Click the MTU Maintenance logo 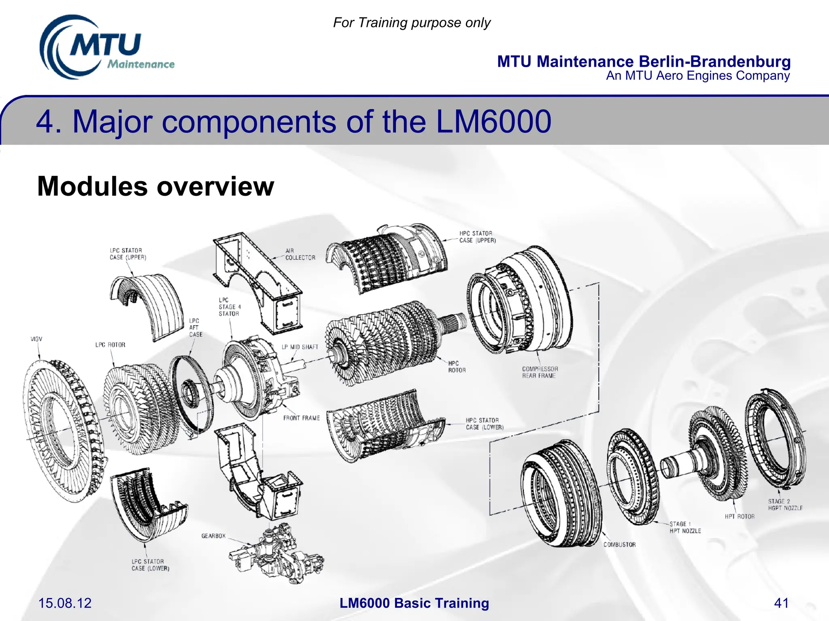pos(106,48)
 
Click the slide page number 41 pos(781,603)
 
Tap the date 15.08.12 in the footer pos(65,603)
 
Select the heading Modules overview pos(155,186)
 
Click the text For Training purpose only pos(411,23)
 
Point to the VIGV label pos(36,339)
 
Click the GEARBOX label pos(213,536)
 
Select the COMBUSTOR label pos(619,545)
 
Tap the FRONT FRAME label pos(301,418)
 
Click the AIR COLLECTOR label pos(300,254)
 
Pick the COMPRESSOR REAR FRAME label pos(540,372)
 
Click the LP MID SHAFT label pos(300,347)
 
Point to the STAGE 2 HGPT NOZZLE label pos(785,505)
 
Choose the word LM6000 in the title pos(493,121)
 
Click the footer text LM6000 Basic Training pos(414,603)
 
